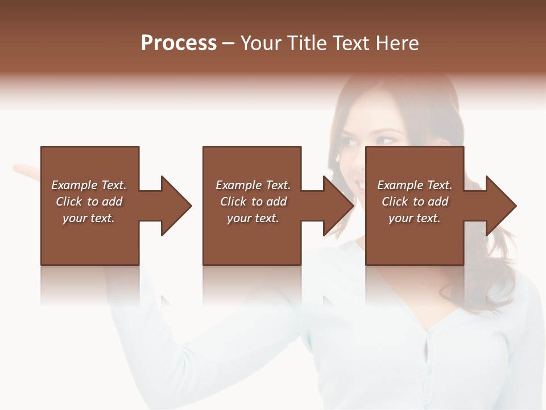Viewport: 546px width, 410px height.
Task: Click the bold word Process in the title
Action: pos(179,43)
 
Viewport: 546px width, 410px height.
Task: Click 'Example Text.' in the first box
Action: pos(89,185)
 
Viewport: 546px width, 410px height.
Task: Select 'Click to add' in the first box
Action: pos(89,202)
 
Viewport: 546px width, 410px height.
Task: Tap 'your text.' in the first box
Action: pos(89,218)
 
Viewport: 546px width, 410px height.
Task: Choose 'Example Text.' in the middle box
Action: pos(253,185)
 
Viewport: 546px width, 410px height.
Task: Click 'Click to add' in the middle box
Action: pos(253,202)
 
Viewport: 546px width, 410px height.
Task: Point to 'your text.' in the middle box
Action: pos(253,218)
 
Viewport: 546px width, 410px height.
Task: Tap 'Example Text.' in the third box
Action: pos(415,185)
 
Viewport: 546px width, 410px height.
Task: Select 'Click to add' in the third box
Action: pos(415,202)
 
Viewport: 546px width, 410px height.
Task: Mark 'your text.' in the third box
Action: pos(415,218)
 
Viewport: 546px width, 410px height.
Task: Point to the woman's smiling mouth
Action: pos(360,183)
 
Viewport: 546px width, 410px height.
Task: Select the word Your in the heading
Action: pos(259,43)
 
